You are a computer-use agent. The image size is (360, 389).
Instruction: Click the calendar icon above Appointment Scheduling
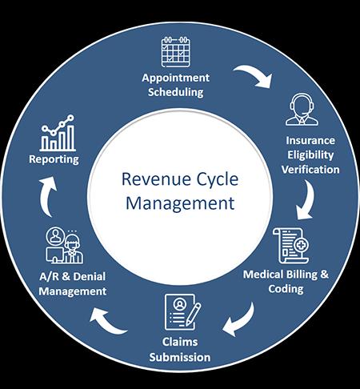click(176, 52)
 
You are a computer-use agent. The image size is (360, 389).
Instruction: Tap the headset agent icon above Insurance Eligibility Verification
click(302, 110)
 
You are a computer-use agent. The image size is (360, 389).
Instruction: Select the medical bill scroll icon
click(291, 246)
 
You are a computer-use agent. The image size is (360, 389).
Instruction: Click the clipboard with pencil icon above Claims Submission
click(182, 312)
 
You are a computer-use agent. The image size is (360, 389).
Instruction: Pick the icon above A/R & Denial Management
click(64, 246)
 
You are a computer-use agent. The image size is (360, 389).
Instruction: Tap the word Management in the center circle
click(180, 203)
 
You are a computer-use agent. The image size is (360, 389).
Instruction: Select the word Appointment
click(175, 78)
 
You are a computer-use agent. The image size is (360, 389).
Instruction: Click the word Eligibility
click(310, 155)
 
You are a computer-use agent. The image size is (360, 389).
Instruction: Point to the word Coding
click(286, 289)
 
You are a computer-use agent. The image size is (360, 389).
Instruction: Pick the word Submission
click(180, 357)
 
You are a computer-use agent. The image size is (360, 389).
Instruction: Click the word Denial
click(89, 276)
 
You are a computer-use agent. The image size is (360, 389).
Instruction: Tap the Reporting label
click(54, 159)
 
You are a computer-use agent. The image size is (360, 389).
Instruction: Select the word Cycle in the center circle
click(217, 180)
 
